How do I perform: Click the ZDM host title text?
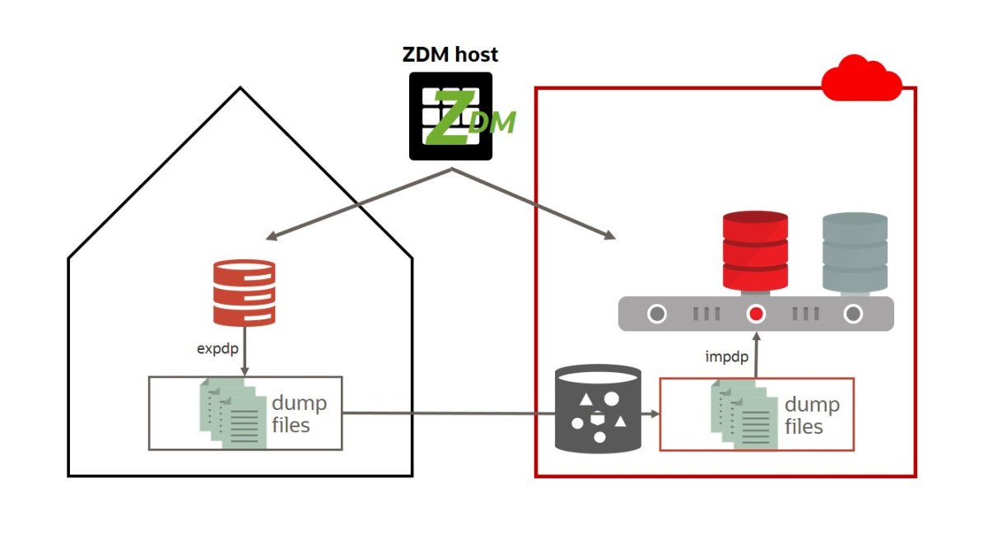pos(450,55)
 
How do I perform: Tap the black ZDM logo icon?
pos(451,116)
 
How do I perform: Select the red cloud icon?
pos(861,78)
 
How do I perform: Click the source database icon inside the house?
pos(244,292)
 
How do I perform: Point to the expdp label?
pos(217,348)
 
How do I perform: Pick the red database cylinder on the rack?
pos(755,250)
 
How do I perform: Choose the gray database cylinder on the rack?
pos(855,252)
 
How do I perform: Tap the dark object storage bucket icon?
pos(598,409)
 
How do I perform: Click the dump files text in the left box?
pos(298,414)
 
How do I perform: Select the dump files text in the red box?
pos(811,415)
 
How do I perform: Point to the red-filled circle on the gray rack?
pos(756,314)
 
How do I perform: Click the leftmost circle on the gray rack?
pos(656,314)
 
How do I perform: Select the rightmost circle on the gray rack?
pos(854,314)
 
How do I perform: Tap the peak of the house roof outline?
pos(240,89)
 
